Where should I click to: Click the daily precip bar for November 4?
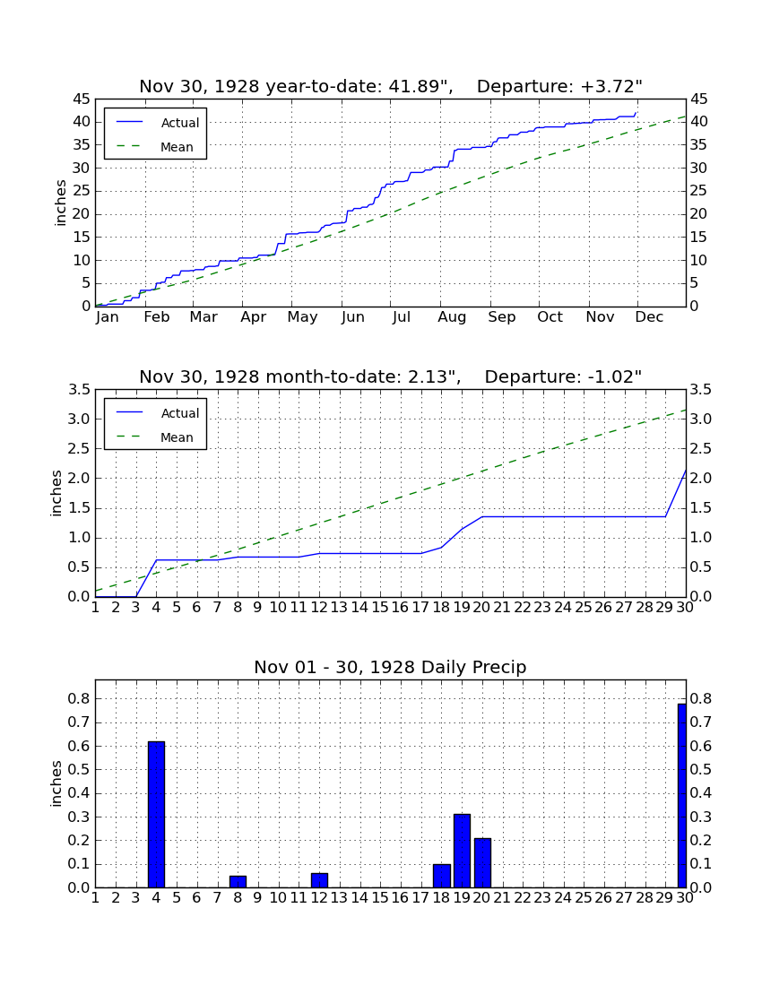pos(156,814)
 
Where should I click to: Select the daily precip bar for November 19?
pos(462,851)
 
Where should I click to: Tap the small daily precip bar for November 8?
pos(238,882)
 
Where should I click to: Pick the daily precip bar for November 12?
pos(319,880)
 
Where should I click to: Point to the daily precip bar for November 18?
pos(442,876)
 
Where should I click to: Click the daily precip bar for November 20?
pos(482,862)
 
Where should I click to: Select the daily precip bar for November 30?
pos(682,795)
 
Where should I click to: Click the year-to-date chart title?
pos(391,87)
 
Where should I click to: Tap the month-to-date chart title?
pos(391,377)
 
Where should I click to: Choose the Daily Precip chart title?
pos(391,667)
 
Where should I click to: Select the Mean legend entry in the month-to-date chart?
pos(155,437)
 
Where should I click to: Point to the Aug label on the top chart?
pos(452,317)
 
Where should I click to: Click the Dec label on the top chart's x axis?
pos(649,317)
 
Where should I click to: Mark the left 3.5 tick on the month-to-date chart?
pos(79,390)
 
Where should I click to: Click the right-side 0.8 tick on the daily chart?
pos(701,698)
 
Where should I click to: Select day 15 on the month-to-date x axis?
pos(380,608)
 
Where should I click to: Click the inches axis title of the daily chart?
pos(56,783)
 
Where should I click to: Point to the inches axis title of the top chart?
pos(60,203)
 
